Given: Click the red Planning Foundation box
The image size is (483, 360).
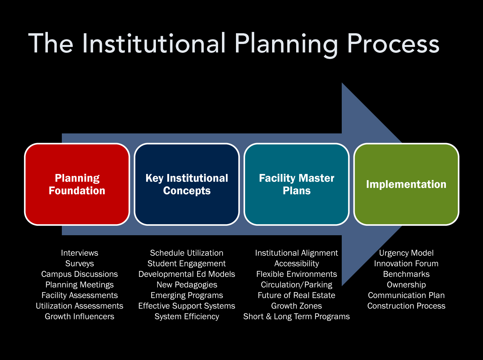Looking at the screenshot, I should coord(77,184).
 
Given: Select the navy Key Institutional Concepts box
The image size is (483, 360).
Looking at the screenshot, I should coord(186,184).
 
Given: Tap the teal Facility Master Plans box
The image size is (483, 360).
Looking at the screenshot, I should coord(297,184).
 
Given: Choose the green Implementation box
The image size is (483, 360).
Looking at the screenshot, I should coord(406,184).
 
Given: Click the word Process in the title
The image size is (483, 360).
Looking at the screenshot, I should coord(393,44).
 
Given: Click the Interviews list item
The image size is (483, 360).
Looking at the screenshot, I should coord(79,253).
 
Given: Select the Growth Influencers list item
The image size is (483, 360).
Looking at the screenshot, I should coord(79,317).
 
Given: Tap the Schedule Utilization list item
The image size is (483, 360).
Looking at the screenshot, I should coord(186,253).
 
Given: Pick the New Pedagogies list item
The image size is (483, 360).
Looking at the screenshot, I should coord(186,285).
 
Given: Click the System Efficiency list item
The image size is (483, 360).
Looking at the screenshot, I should coord(186,317).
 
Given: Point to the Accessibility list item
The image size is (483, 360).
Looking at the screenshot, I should coord(297,264).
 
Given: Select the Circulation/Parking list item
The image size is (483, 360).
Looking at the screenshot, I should coord(297,285).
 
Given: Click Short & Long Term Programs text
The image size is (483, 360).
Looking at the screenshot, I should coord(297,317).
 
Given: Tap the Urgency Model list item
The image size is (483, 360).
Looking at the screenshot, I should coord(406,253).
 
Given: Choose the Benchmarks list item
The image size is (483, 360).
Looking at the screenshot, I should coord(406,274).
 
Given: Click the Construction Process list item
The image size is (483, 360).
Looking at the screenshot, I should coord(406,306).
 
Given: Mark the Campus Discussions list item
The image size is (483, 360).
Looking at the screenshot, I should coord(79,274).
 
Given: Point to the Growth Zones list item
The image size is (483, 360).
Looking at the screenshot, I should coord(297,306).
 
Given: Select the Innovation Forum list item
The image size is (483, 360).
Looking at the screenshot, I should coord(406,264).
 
